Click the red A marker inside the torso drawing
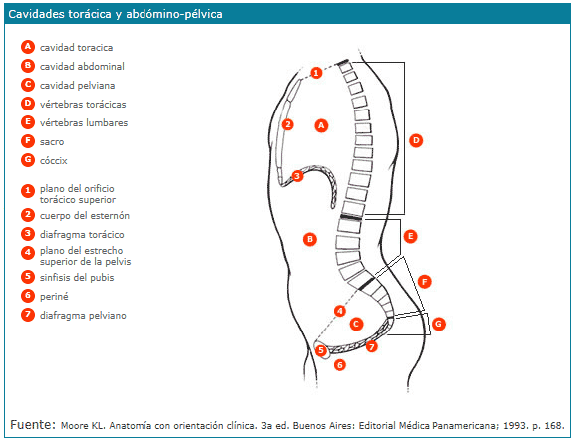click(x=321, y=125)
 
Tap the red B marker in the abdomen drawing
click(x=310, y=239)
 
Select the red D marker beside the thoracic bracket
click(x=416, y=140)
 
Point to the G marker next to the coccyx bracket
click(x=439, y=324)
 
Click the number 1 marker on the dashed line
click(x=316, y=73)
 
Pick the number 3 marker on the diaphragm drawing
click(x=297, y=176)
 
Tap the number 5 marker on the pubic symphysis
click(x=321, y=350)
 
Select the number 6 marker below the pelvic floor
click(x=340, y=365)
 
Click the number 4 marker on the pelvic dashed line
click(x=340, y=312)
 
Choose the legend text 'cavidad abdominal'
click(x=82, y=67)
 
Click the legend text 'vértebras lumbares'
click(x=84, y=123)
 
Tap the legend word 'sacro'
click(x=52, y=142)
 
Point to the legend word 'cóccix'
click(x=54, y=161)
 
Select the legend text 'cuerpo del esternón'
click(x=85, y=215)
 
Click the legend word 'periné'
click(x=54, y=297)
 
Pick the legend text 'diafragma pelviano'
click(x=83, y=315)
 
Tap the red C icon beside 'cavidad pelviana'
click(x=28, y=85)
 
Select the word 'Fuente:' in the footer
click(x=33, y=425)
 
